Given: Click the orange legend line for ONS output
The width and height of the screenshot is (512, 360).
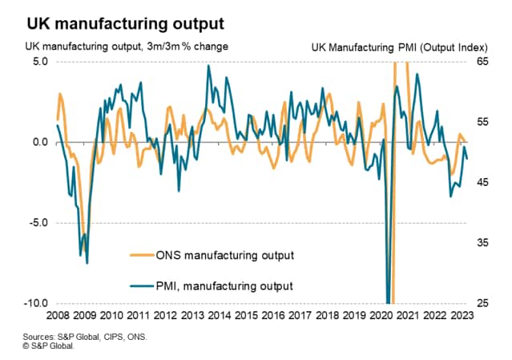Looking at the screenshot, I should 143,256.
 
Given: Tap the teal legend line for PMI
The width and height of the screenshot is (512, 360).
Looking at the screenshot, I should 143,285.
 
